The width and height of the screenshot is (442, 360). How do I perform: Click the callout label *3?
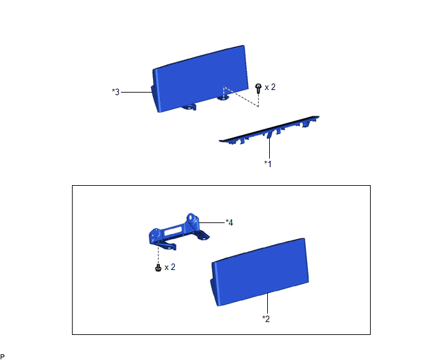[x=116, y=92]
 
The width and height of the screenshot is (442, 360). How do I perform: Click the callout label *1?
[x=268, y=164]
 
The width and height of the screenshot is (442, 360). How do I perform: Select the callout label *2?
[x=266, y=319]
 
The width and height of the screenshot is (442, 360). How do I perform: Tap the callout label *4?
[x=229, y=222]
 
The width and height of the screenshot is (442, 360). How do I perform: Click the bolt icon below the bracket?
[x=158, y=267]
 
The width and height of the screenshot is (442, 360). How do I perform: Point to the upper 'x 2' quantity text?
[x=270, y=87]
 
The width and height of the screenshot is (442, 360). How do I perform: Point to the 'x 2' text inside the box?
[x=170, y=267]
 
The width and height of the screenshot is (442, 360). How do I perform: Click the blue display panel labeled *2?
[x=260, y=271]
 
